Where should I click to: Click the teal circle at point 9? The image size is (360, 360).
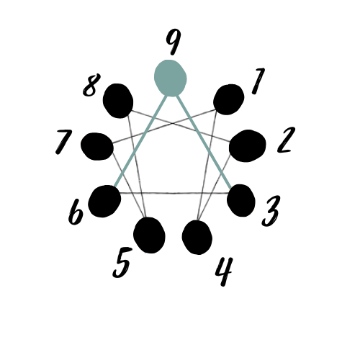pyautogui.click(x=170, y=78)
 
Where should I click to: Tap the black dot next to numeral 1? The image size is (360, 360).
pyautogui.click(x=228, y=99)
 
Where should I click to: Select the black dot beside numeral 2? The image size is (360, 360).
pyautogui.click(x=248, y=146)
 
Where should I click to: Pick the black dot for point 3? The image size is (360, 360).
pyautogui.click(x=240, y=200)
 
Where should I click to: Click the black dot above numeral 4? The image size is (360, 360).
pyautogui.click(x=197, y=238)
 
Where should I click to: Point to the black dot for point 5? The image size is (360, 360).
pyautogui.click(x=149, y=235)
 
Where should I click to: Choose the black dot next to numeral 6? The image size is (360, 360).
pyautogui.click(x=104, y=202)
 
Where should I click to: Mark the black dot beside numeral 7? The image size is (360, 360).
pyautogui.click(x=97, y=146)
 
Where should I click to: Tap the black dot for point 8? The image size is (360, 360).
pyautogui.click(x=118, y=101)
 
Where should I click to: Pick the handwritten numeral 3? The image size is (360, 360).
pyautogui.click(x=271, y=211)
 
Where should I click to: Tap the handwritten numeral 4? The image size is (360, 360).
pyautogui.click(x=224, y=271)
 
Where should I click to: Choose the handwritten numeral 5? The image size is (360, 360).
pyautogui.click(x=122, y=263)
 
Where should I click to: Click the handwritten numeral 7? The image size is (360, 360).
pyautogui.click(x=63, y=142)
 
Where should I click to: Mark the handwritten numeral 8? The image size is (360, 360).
pyautogui.click(x=91, y=85)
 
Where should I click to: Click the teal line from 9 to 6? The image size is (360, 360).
pyautogui.click(x=141, y=140)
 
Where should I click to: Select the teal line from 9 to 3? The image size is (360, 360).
pyautogui.click(x=204, y=141)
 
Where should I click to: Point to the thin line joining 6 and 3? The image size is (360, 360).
pyautogui.click(x=174, y=193)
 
